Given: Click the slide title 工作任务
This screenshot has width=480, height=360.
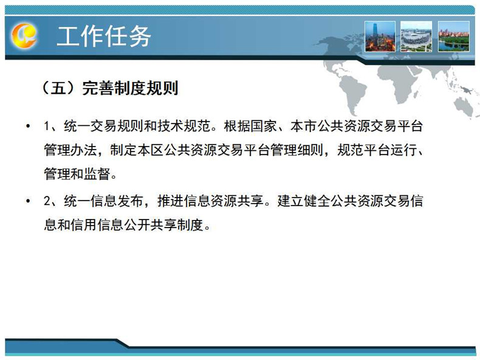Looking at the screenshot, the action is pyautogui.click(x=104, y=36).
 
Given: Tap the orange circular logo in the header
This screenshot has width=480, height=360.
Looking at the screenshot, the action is pyautogui.click(x=24, y=36).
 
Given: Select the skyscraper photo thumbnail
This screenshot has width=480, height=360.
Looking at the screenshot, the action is pyautogui.click(x=380, y=36).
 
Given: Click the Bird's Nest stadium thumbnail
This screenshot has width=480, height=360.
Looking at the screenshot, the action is pyautogui.click(x=416, y=36).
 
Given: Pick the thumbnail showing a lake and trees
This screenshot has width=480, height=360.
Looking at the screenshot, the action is pyautogui.click(x=454, y=36).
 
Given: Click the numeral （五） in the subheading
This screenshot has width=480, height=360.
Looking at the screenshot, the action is pyautogui.click(x=58, y=88).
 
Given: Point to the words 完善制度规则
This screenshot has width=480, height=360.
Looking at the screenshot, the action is pyautogui.click(x=130, y=88).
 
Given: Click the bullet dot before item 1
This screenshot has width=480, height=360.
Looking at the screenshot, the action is pyautogui.click(x=28, y=126).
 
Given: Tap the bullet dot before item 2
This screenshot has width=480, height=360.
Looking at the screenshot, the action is pyautogui.click(x=28, y=201).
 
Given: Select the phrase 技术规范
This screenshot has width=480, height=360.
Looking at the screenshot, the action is pyautogui.click(x=184, y=126).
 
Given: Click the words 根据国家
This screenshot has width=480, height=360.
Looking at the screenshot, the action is pyautogui.click(x=250, y=126).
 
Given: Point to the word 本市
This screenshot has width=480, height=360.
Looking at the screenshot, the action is pyautogui.click(x=304, y=126).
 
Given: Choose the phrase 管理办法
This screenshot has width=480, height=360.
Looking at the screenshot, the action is pyautogui.click(x=70, y=150).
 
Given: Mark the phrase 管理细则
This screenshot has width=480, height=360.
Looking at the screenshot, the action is pyautogui.click(x=297, y=150).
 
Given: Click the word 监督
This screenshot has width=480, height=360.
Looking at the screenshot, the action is pyautogui.click(x=97, y=174).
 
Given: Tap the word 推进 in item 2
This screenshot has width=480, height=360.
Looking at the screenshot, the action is pyautogui.click(x=171, y=201).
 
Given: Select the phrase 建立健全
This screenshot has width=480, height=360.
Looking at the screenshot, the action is pyautogui.click(x=304, y=201).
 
